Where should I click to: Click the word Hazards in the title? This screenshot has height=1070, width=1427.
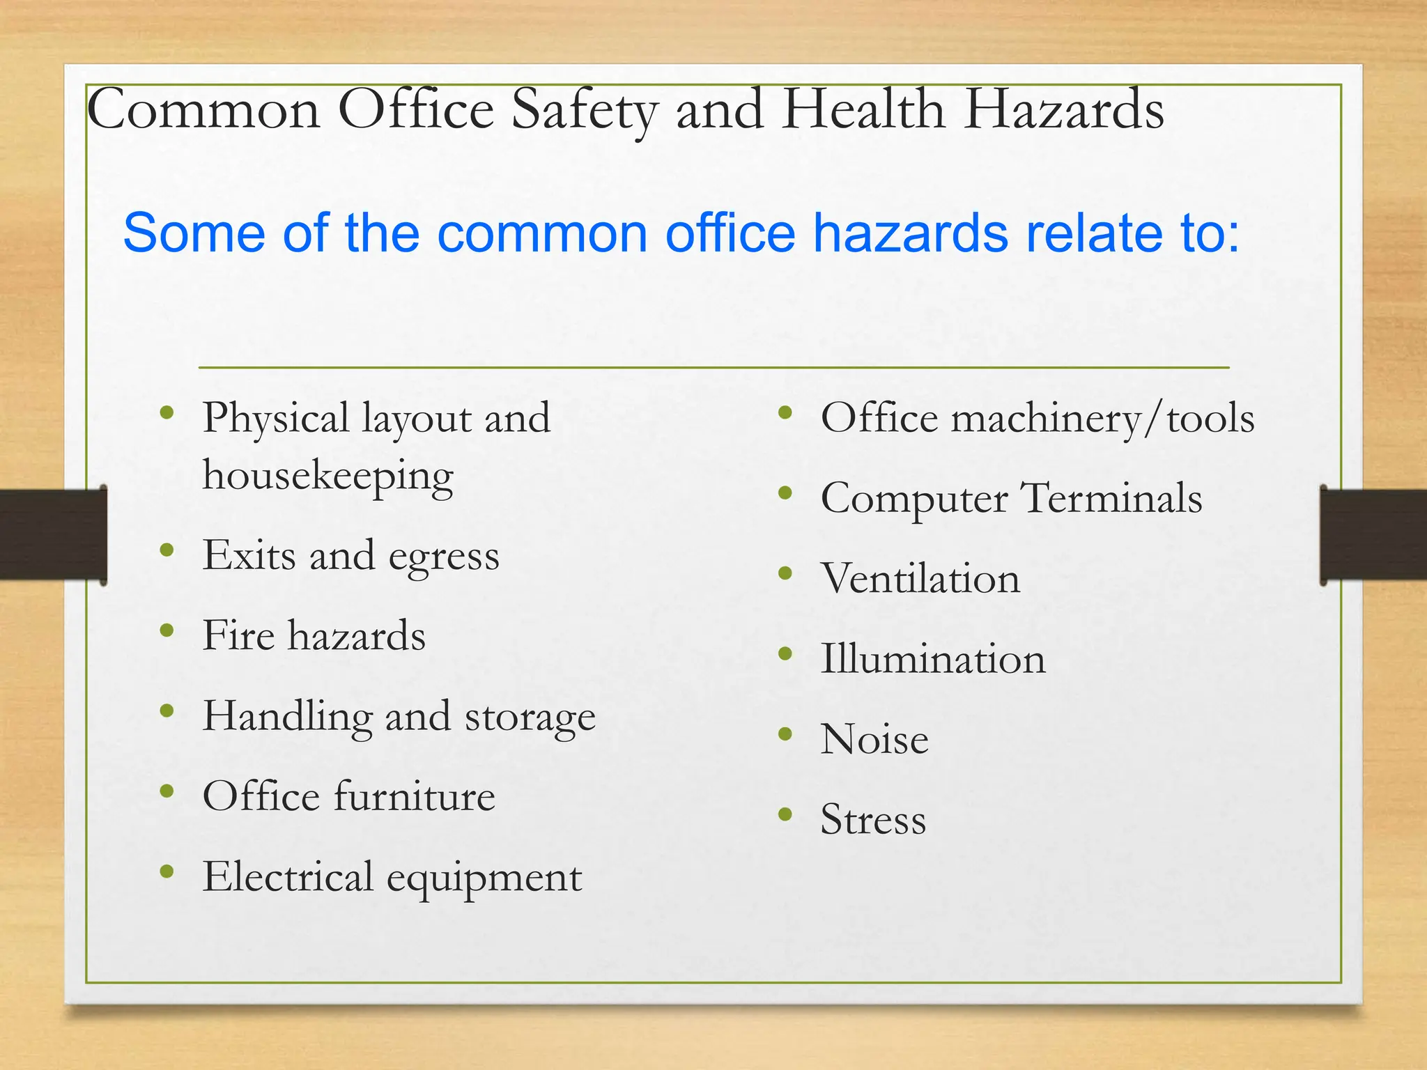(x=1063, y=110)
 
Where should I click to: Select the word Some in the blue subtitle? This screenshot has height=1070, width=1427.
(x=194, y=233)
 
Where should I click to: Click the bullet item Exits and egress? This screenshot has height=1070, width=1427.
(x=350, y=557)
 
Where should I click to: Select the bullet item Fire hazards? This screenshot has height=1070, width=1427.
(x=314, y=636)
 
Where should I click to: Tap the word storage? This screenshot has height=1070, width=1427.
(x=530, y=717)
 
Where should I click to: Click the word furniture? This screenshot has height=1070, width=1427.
(x=415, y=796)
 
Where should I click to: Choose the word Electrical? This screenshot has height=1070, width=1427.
(x=288, y=877)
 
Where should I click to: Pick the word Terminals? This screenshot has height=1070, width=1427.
(x=1111, y=499)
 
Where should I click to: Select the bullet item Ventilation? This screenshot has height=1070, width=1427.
(x=920, y=579)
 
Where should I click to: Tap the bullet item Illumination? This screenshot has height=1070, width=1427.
(x=933, y=659)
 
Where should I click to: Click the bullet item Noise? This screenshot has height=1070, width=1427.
(x=874, y=739)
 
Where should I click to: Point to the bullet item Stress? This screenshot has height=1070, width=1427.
(x=873, y=819)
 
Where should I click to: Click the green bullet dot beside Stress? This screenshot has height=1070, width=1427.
(x=785, y=814)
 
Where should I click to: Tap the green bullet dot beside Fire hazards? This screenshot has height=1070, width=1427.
(x=167, y=630)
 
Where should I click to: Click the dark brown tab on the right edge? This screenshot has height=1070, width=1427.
(x=1373, y=535)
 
